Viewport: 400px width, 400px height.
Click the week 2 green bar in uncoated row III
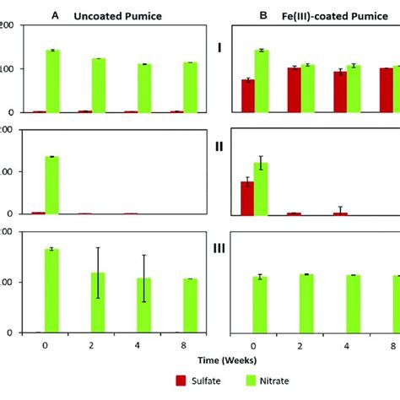[99, 302]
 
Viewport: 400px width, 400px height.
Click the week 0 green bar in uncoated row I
[52, 81]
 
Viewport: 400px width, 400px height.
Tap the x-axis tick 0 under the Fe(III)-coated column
[254, 344]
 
